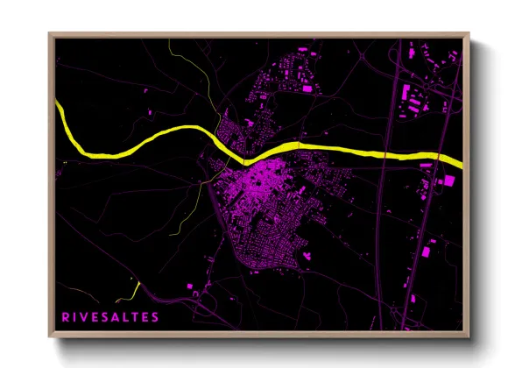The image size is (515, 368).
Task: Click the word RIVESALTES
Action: (110, 315)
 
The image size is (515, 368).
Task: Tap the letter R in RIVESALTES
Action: (66, 315)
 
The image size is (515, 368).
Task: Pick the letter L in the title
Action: (132, 315)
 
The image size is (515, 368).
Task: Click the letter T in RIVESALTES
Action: (143, 315)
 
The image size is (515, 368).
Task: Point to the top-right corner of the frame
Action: (469, 35)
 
